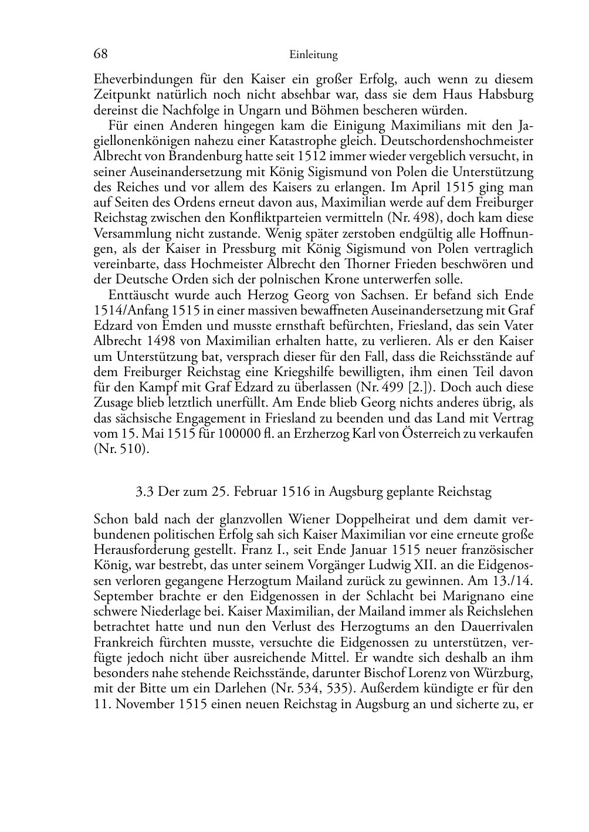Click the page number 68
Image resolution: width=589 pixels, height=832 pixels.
pyautogui.click(x=100, y=54)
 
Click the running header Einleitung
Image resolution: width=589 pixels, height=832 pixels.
pyautogui.click(x=313, y=55)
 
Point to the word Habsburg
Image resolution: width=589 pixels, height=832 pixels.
pyautogui.click(x=506, y=94)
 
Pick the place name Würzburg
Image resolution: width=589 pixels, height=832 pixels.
pyautogui.click(x=504, y=672)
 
